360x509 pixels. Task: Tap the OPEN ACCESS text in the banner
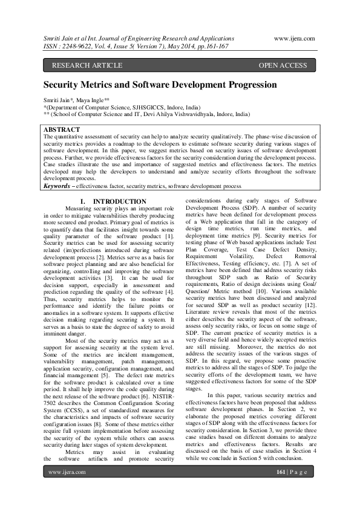tap(283, 65)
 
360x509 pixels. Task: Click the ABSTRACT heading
tap(62, 129)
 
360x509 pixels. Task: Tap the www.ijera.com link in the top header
tap(294, 38)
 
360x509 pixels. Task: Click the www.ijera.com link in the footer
tap(65, 488)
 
